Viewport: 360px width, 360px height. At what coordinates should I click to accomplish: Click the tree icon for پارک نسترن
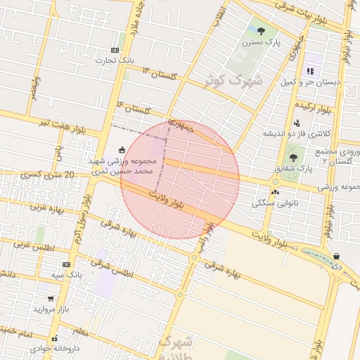(261, 30)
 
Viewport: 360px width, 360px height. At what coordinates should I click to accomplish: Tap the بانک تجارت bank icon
(115, 50)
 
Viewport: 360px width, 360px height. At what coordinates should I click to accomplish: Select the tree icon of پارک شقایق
(293, 157)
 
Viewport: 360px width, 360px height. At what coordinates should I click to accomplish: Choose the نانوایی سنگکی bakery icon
(275, 191)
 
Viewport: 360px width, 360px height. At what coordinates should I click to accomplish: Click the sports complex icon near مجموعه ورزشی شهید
(122, 149)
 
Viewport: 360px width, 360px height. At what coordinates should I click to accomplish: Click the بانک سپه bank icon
(67, 264)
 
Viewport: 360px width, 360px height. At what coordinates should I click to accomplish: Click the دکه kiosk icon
(336, 257)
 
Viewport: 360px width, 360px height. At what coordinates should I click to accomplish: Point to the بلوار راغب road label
(208, 229)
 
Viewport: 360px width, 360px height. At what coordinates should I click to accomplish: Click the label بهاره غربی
(47, 208)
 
